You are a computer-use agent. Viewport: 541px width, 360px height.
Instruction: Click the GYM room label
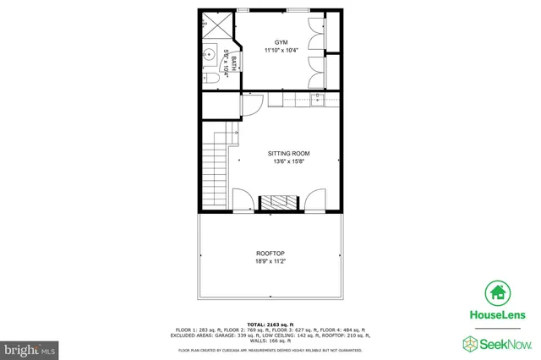[281, 41]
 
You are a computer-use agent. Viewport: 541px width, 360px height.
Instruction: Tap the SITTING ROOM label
[287, 153]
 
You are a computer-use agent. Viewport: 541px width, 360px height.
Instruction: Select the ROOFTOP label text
[270, 254]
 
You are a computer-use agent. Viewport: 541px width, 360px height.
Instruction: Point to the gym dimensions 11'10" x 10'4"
[281, 51]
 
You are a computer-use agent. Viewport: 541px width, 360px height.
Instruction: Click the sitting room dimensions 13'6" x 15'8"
[287, 161]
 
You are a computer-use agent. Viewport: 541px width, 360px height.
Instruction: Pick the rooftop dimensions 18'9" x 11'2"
[270, 262]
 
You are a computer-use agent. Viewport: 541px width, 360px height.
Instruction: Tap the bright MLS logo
[30, 347]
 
